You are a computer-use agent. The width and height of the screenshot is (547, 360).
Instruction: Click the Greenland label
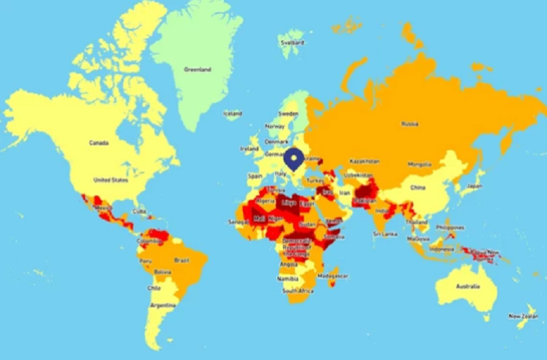tap(197, 69)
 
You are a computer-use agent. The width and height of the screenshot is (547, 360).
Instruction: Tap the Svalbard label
tap(289, 42)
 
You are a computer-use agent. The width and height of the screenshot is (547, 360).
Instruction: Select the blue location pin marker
tap(294, 158)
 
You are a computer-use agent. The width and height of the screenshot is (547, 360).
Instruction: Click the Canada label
tap(99, 143)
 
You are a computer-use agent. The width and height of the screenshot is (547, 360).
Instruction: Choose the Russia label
tap(410, 124)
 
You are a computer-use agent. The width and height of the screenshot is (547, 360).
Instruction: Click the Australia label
tap(468, 286)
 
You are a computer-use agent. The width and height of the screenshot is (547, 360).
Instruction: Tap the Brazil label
tap(182, 260)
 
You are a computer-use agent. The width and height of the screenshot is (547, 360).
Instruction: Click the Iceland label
tap(232, 113)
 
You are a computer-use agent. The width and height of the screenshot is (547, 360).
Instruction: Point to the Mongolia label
tap(419, 164)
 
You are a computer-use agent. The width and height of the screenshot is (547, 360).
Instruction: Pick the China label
tap(418, 188)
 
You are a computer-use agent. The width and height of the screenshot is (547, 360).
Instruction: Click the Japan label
tap(474, 185)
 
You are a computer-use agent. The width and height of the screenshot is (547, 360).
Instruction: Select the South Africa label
tap(298, 291)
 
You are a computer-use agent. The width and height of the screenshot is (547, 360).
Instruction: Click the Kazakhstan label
tap(364, 161)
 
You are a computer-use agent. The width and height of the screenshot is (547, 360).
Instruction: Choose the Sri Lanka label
tap(385, 234)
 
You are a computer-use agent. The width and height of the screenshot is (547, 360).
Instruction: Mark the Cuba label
tap(140, 211)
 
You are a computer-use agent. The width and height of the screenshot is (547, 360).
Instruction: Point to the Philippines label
tap(450, 227)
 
